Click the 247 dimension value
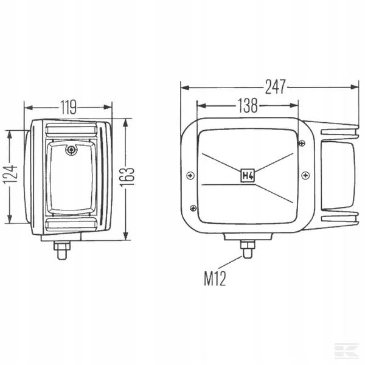275,87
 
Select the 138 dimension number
248,105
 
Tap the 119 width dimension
68,107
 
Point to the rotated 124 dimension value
10,175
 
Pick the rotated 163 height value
127,177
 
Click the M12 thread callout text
215,279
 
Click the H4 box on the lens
248,175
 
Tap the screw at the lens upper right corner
302,143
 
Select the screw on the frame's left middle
190,176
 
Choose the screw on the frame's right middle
305,175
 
